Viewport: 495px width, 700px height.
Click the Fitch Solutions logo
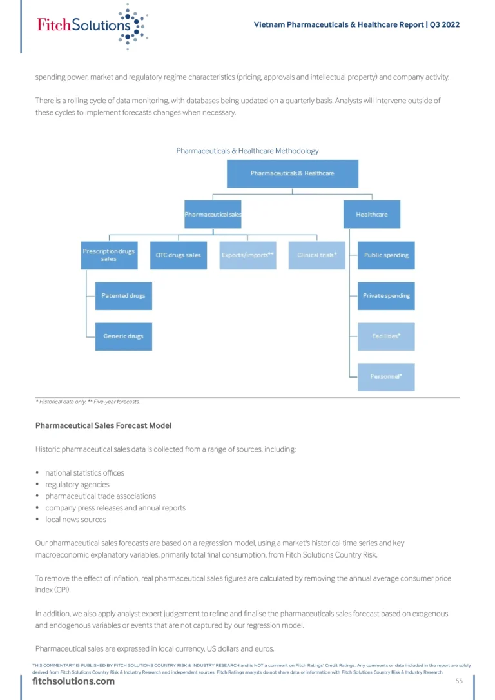[92, 26]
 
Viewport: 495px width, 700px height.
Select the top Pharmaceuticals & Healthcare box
[293, 173]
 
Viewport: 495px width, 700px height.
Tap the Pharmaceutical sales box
[213, 214]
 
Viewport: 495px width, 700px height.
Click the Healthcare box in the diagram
[372, 214]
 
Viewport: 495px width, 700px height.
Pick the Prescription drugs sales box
[110, 255]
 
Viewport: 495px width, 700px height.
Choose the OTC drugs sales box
[179, 255]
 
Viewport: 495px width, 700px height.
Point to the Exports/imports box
[247, 255]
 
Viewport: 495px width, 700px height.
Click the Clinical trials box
[317, 255]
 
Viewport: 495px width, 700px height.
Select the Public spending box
[386, 255]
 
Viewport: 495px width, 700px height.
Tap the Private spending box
[386, 296]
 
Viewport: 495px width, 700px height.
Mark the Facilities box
[386, 336]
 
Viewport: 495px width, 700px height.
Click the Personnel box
[386, 377]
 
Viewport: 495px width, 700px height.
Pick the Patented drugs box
[124, 296]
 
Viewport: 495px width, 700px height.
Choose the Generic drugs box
[124, 336]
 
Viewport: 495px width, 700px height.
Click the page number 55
[459, 681]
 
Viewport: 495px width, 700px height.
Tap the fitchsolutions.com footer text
[73, 681]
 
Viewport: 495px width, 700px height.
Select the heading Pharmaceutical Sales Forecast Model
[104, 426]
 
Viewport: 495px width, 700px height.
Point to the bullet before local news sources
[37, 520]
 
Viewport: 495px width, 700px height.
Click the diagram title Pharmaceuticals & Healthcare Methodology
[247, 151]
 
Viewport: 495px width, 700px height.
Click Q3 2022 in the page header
[445, 25]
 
